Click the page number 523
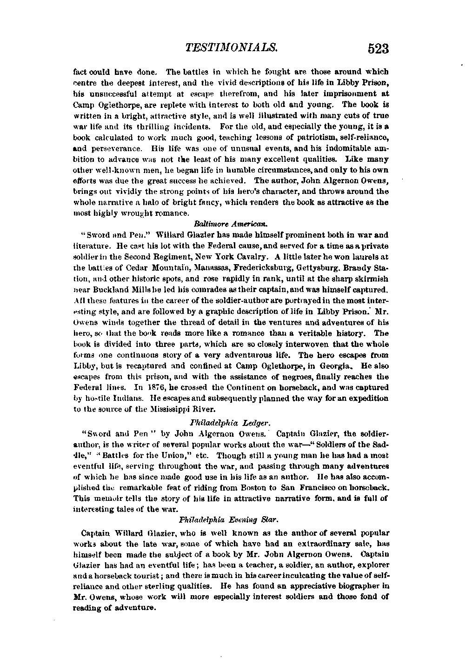pos(377,49)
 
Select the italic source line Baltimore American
pos(231,224)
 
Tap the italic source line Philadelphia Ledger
pos(231,423)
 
